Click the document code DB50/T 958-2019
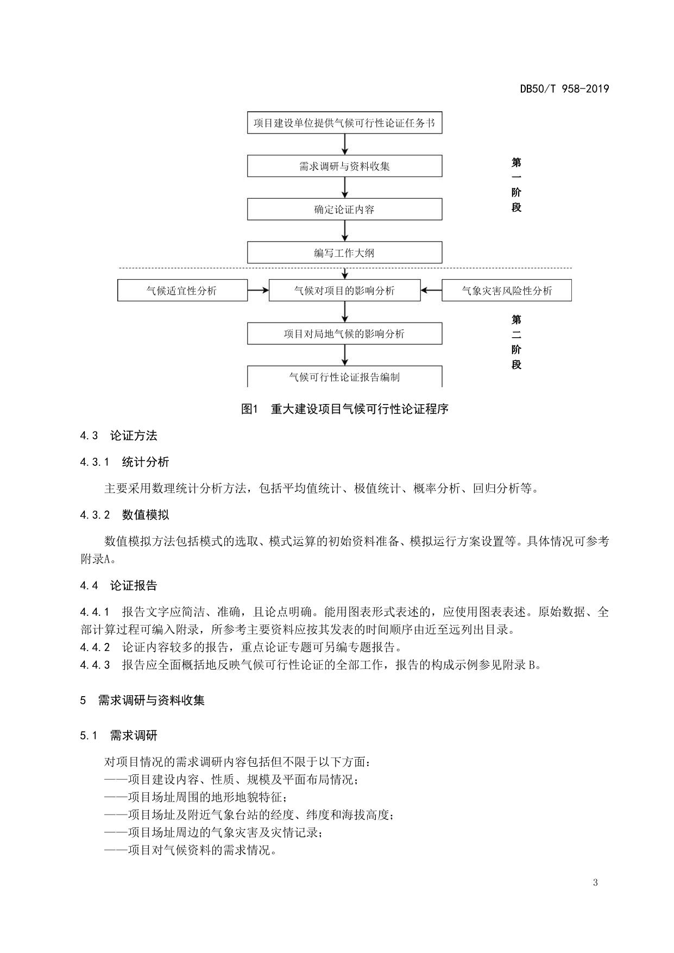point(564,89)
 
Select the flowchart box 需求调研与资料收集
point(344,166)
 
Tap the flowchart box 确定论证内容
point(344,209)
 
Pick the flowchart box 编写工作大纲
point(344,253)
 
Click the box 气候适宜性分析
point(182,291)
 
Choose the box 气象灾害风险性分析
point(506,291)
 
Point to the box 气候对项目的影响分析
point(344,291)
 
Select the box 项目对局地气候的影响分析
point(344,333)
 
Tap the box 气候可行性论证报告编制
point(344,376)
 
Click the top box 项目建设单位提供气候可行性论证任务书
point(344,123)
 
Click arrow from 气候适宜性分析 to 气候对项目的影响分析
point(258,291)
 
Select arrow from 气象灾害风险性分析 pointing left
point(431,291)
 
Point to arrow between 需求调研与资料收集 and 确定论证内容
point(345,187)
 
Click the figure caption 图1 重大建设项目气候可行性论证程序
point(344,409)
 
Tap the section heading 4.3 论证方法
point(118,436)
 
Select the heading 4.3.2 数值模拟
point(124,515)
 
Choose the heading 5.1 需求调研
point(118,735)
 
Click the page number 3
point(595,882)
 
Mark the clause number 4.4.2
point(95,647)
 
